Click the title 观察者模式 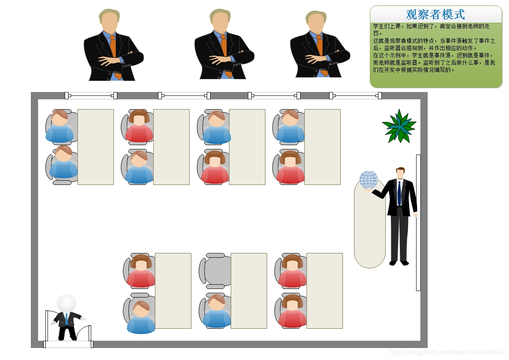pos(435,15)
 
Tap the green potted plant pos(399,126)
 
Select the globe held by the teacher pos(369,180)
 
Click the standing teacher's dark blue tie pos(399,193)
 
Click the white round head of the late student pos(66,303)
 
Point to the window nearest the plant pos(355,95)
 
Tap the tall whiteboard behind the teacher pos(418,223)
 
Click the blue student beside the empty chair pos(217,312)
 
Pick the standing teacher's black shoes pos(399,263)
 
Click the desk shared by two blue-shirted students pos(95,147)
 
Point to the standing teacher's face pos(400,174)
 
